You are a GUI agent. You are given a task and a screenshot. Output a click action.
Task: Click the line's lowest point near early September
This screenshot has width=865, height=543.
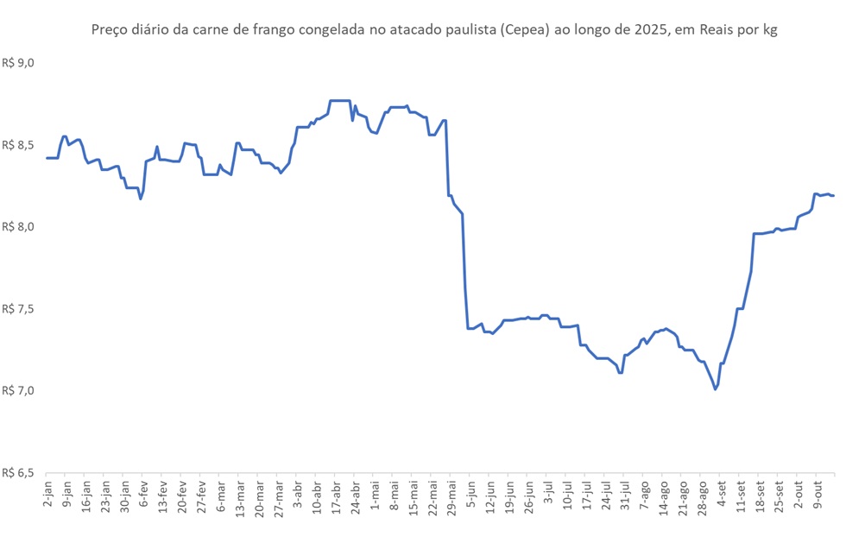pos(716,389)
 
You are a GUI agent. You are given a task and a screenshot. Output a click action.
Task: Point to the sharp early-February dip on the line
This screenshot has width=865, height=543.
pos(141,199)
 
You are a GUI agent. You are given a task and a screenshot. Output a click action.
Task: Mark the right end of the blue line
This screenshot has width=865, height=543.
pos(834,195)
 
